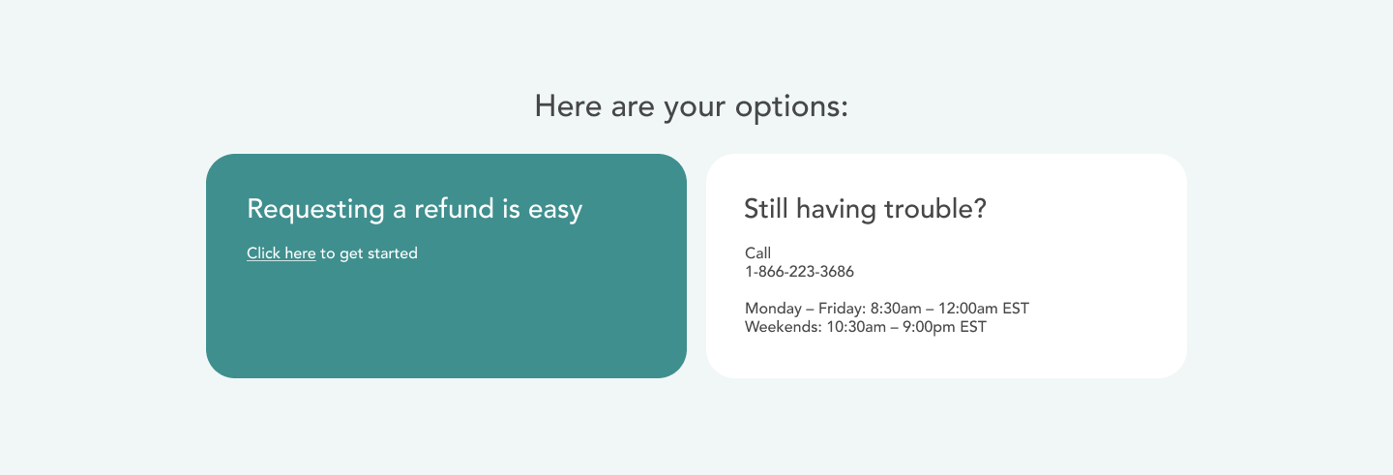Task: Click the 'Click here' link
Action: [282, 253]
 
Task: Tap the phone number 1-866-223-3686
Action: [799, 272]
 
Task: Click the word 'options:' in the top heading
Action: [791, 107]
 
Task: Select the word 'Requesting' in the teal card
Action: [315, 210]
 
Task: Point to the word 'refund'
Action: [454, 208]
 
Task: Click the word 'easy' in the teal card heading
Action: [555, 210]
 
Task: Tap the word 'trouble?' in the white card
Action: [935, 208]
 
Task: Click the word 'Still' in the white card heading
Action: [766, 208]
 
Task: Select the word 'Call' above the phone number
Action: [757, 253]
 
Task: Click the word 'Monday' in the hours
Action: [773, 309]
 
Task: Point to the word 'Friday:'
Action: [842, 309]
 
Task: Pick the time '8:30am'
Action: [896, 309]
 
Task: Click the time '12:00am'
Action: [967, 309]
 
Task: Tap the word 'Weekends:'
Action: [784, 327]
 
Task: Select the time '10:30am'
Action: [856, 327]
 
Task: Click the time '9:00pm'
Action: [929, 328]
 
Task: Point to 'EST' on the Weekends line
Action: [973, 327]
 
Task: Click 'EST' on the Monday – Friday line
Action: [1016, 309]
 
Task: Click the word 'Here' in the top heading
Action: [568, 105]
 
